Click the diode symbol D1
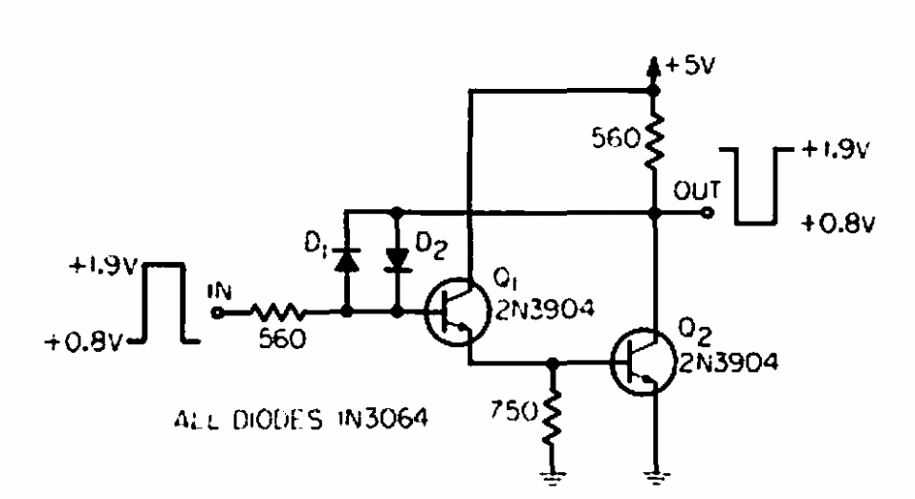pos(346,261)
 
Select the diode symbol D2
pos(398,261)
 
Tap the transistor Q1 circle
pos(457,312)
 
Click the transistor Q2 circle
pos(643,362)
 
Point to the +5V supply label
pos(689,65)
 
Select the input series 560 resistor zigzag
pos(277,313)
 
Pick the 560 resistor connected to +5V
pos(654,141)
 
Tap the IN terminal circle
pos(217,313)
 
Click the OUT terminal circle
pos(708,213)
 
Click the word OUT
pos(697,191)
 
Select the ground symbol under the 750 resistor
pos(553,476)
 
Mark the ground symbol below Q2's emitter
pos(657,476)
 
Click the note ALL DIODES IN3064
pos(301,420)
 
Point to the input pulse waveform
pos(164,303)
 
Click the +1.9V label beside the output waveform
pos(837,149)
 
